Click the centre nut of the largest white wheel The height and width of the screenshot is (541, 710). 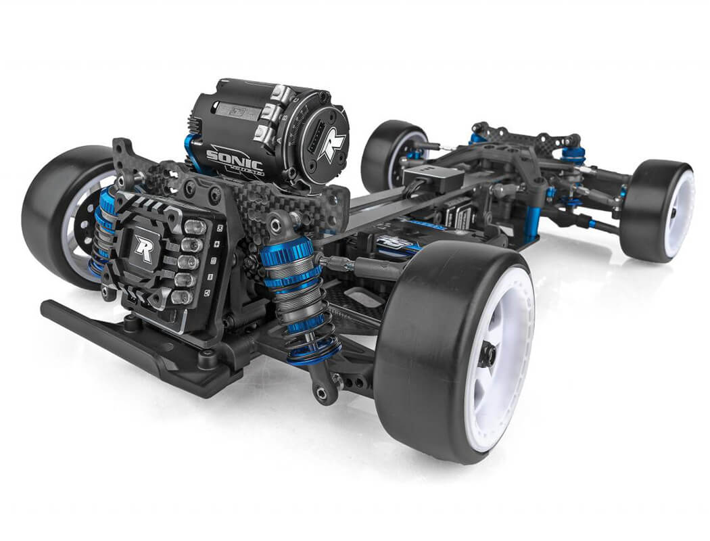(x=489, y=355)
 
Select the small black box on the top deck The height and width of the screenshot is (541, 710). (x=433, y=179)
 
